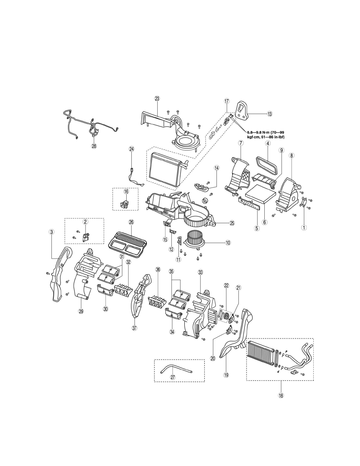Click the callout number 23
tap(157, 98)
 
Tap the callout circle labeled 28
tap(94, 146)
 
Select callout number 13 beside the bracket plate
tap(269, 114)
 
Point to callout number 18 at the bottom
tap(281, 395)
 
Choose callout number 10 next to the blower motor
tap(228, 243)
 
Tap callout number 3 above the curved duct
tap(51, 232)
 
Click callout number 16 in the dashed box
tap(126, 191)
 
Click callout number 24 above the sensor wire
tap(131, 149)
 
